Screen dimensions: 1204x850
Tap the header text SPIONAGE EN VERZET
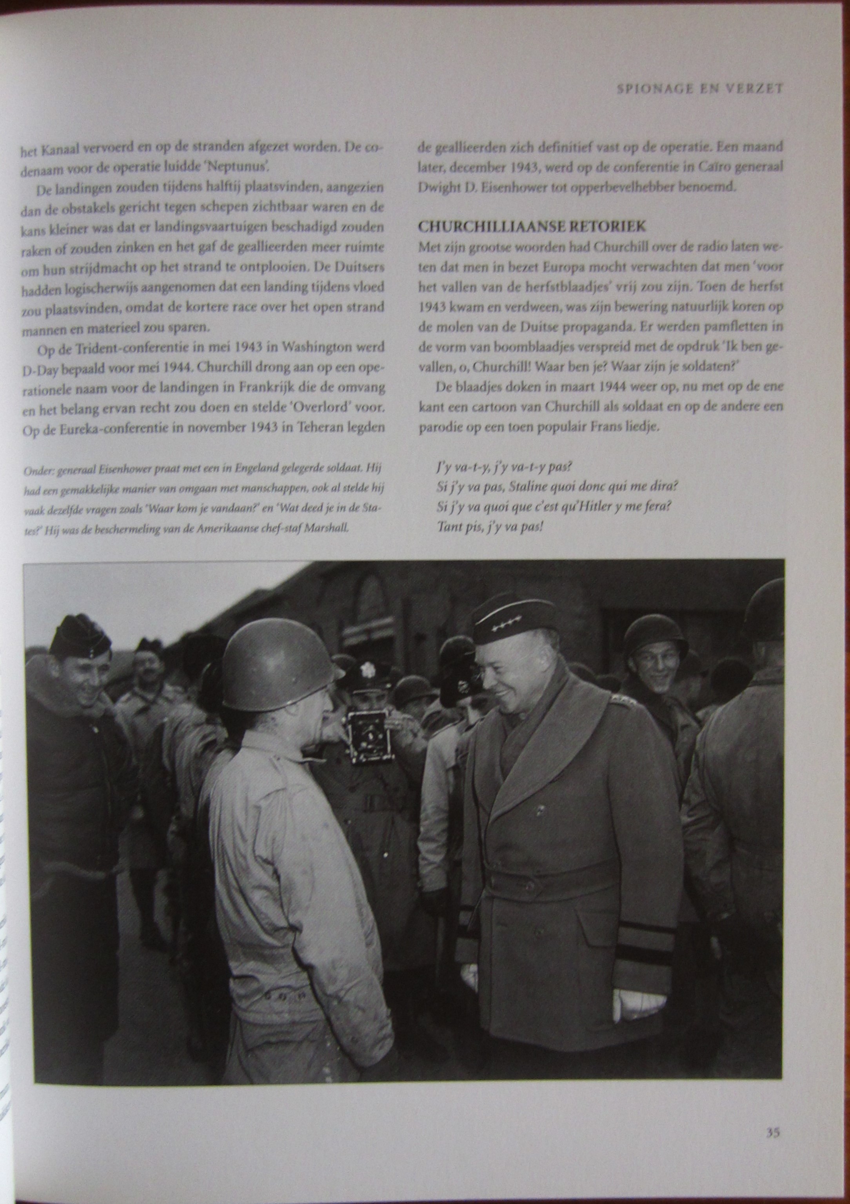pos(699,89)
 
